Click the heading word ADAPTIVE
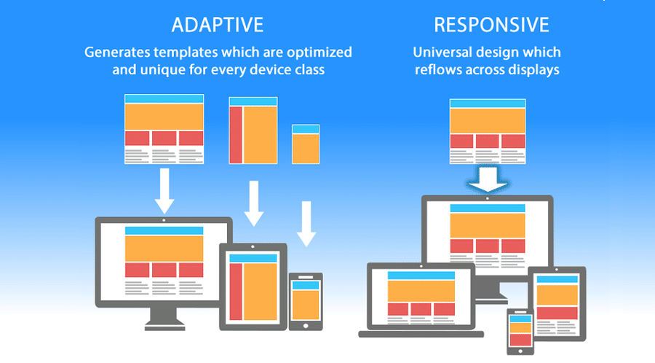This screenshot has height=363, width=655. pos(217,25)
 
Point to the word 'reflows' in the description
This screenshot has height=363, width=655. pos(445,71)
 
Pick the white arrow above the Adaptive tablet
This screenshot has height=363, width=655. pos(253,203)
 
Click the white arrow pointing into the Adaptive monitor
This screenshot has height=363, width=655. pos(164,191)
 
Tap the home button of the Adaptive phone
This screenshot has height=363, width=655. pos(306,325)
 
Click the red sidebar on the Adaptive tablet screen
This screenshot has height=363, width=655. pos(236,291)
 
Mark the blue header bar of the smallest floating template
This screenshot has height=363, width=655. pos(306,129)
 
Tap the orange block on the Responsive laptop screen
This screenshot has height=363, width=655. pos(421,290)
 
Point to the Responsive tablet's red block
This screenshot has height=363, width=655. pos(556,313)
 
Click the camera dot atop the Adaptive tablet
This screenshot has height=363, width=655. pos(253,248)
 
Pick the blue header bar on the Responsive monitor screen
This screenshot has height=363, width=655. pos(488,208)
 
